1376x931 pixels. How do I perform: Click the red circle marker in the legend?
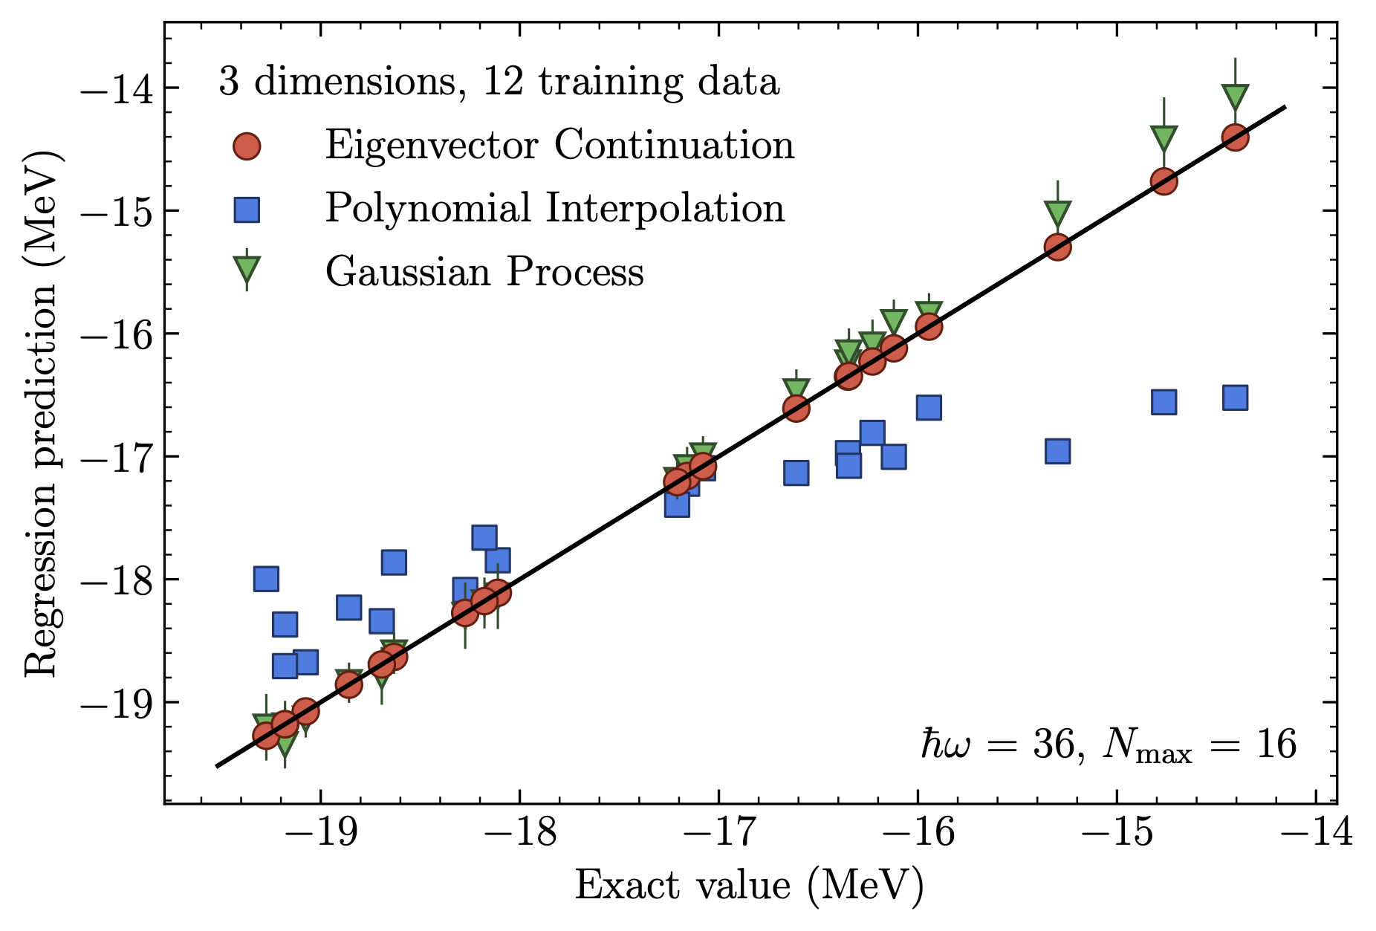(x=246, y=146)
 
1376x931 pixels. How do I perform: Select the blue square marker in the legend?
(x=246, y=210)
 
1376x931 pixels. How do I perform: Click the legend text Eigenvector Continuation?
(x=559, y=145)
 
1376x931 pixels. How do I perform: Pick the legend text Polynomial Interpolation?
(x=554, y=208)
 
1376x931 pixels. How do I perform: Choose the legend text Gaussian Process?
(x=484, y=272)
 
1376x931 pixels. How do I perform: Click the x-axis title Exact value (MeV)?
(x=749, y=886)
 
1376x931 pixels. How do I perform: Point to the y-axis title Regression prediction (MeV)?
(x=42, y=413)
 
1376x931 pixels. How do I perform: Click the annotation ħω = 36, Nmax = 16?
(x=1109, y=745)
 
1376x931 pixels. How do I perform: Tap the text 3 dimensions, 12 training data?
(x=499, y=82)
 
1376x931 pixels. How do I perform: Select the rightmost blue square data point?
(x=1234, y=398)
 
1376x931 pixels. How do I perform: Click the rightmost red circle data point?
(x=1234, y=137)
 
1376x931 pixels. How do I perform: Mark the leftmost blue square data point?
(x=266, y=578)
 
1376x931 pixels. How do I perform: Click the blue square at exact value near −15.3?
(x=1057, y=451)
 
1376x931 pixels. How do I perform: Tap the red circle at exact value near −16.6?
(x=796, y=409)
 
